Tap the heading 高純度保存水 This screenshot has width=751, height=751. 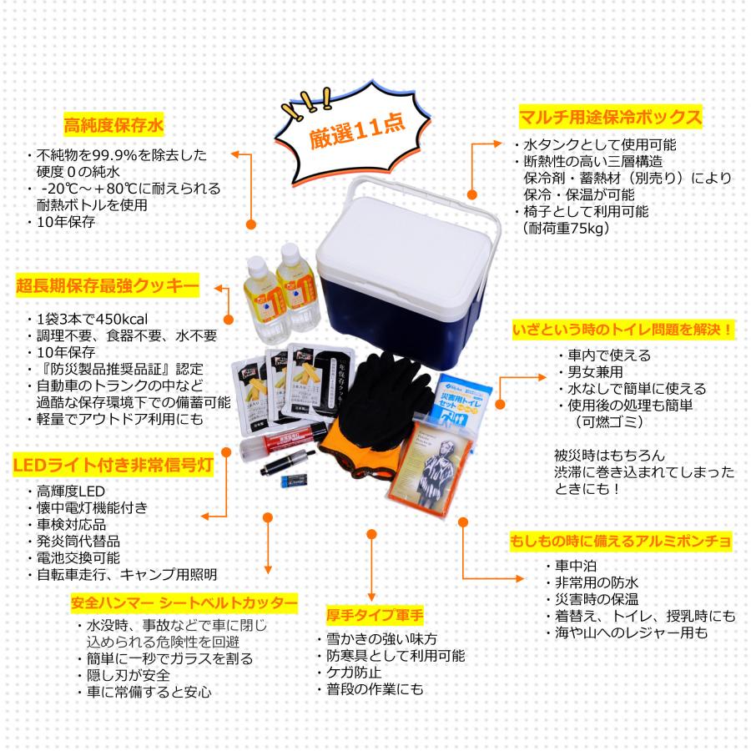tap(113, 126)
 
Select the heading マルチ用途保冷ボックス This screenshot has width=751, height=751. tap(608, 115)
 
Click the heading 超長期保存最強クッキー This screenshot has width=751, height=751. tap(107, 287)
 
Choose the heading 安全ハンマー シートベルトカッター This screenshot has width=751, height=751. tap(184, 602)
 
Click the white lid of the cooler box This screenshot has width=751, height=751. tap(401, 224)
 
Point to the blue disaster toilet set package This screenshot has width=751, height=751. tap(466, 400)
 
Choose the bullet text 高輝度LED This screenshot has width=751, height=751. tap(71, 491)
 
